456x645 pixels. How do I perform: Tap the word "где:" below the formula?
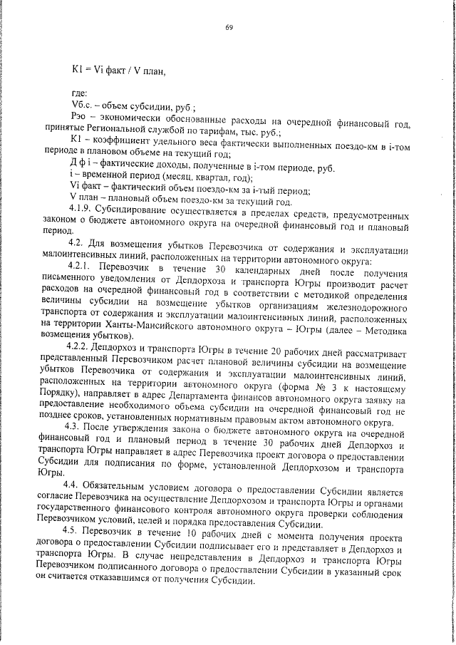point(80,93)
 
